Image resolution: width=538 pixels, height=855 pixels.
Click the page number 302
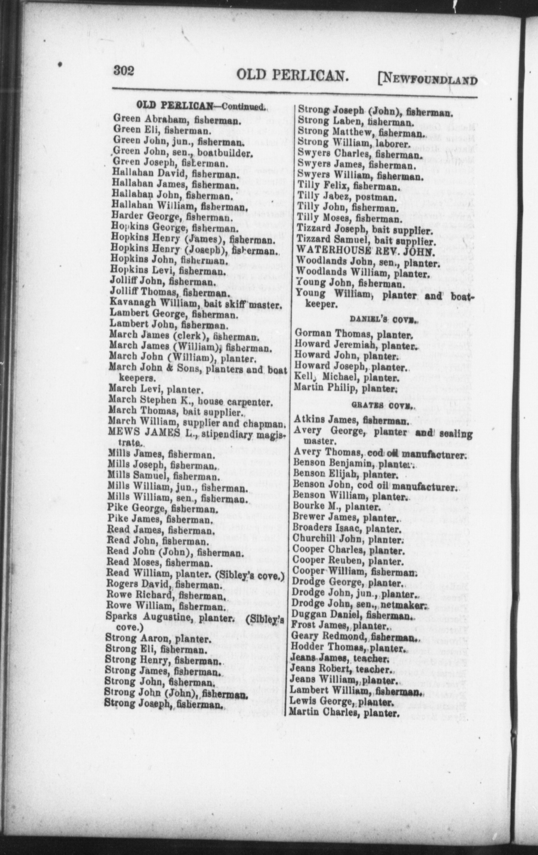[x=123, y=71]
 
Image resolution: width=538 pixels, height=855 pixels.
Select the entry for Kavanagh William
[x=195, y=305]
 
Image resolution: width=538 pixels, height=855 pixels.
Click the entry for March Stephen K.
[x=189, y=402]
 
